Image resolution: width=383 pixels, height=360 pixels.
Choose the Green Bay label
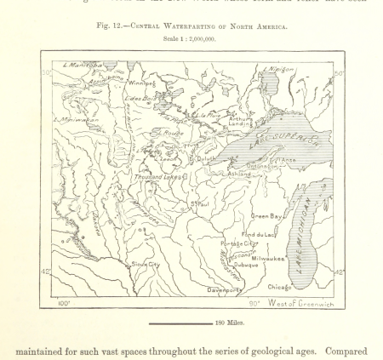tap(266, 216)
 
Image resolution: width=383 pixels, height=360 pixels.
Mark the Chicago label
tap(280, 287)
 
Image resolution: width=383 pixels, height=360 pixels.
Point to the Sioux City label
tap(145, 264)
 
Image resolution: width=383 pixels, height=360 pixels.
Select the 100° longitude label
tap(63, 302)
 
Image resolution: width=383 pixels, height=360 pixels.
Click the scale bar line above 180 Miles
tap(180, 323)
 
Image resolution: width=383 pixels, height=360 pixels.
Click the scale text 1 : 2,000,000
tap(192, 38)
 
